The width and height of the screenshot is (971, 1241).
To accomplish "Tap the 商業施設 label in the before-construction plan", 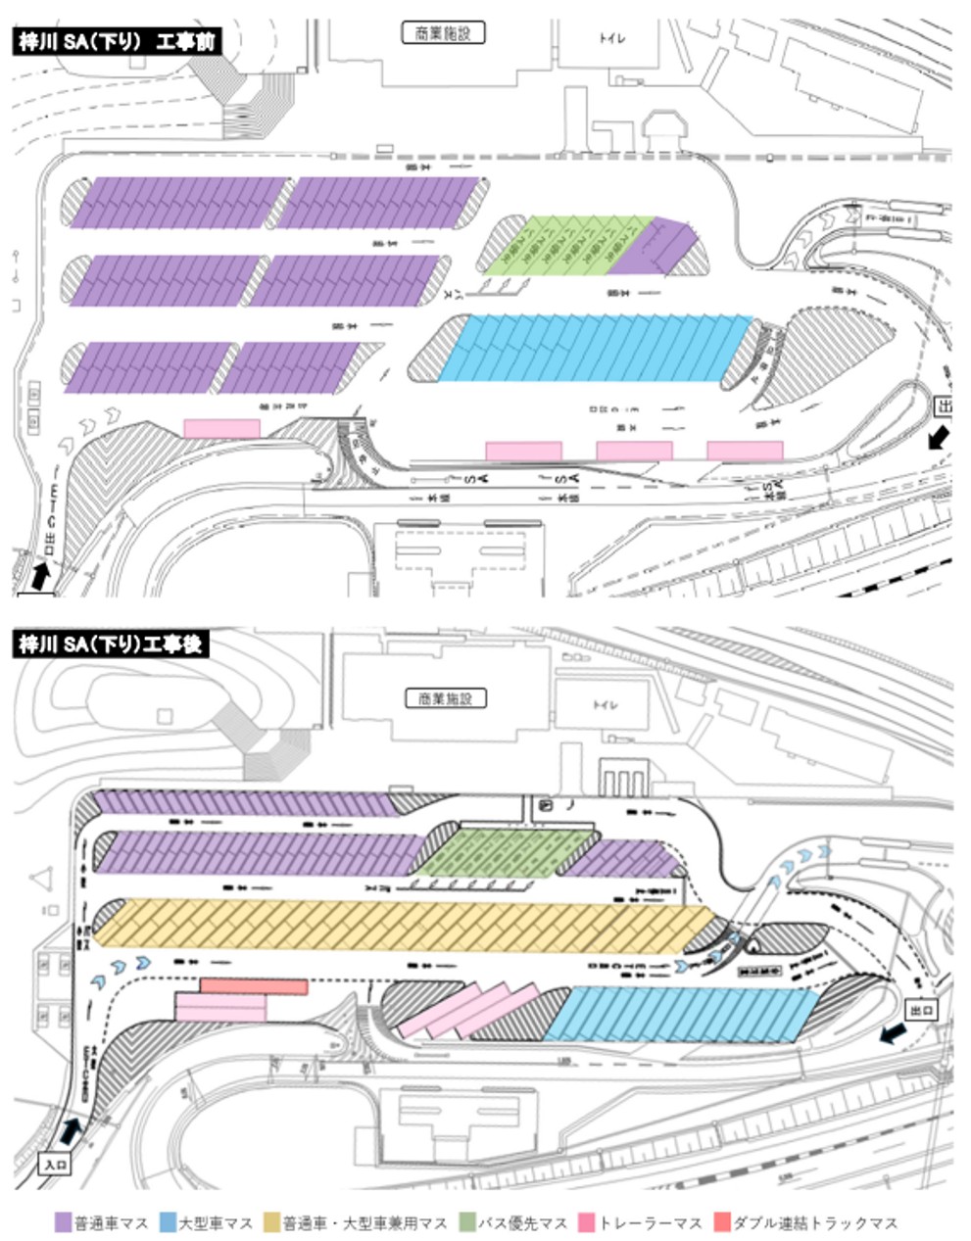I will click(x=444, y=32).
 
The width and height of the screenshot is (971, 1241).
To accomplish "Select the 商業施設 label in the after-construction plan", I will click(x=446, y=698).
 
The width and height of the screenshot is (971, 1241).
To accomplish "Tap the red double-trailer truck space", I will click(x=254, y=986).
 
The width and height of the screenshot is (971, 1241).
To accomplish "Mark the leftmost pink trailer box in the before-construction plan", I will click(x=222, y=428).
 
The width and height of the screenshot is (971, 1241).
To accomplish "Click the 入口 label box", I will click(x=54, y=1165).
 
